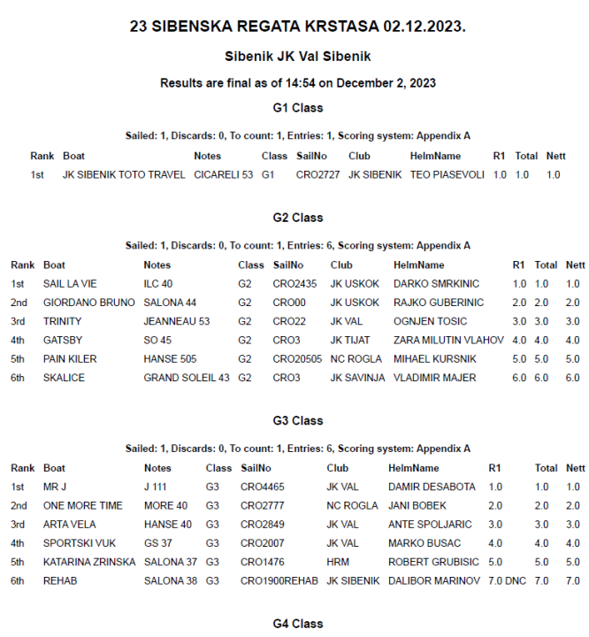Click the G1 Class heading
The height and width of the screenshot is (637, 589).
(297, 108)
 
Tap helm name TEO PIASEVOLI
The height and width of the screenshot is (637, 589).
(447, 175)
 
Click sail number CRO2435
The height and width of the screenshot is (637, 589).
(294, 284)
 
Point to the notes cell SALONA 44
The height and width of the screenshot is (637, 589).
(170, 303)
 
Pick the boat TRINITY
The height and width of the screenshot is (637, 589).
(62, 321)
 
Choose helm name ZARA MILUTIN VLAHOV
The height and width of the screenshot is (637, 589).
(448, 340)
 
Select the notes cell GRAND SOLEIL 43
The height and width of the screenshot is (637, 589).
(186, 378)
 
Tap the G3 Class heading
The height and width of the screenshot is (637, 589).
(297, 420)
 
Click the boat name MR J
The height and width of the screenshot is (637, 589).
(55, 487)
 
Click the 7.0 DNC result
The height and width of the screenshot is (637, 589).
(507, 580)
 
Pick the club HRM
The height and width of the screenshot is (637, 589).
(338, 562)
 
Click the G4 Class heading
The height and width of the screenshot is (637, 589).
(297, 624)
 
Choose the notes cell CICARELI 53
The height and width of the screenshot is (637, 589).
(223, 175)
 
